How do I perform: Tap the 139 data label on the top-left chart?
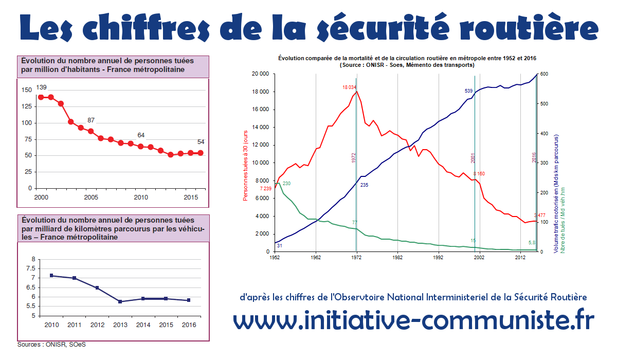[41, 87]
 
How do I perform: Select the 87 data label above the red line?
[91, 120]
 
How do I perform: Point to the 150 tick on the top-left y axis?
[26, 91]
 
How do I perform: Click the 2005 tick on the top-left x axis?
[91, 197]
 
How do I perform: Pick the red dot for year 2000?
[41, 97]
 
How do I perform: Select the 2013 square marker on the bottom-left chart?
[120, 301]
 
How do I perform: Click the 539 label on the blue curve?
[468, 91]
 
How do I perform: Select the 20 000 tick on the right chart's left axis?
[261, 74]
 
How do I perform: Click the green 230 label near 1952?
[287, 184]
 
